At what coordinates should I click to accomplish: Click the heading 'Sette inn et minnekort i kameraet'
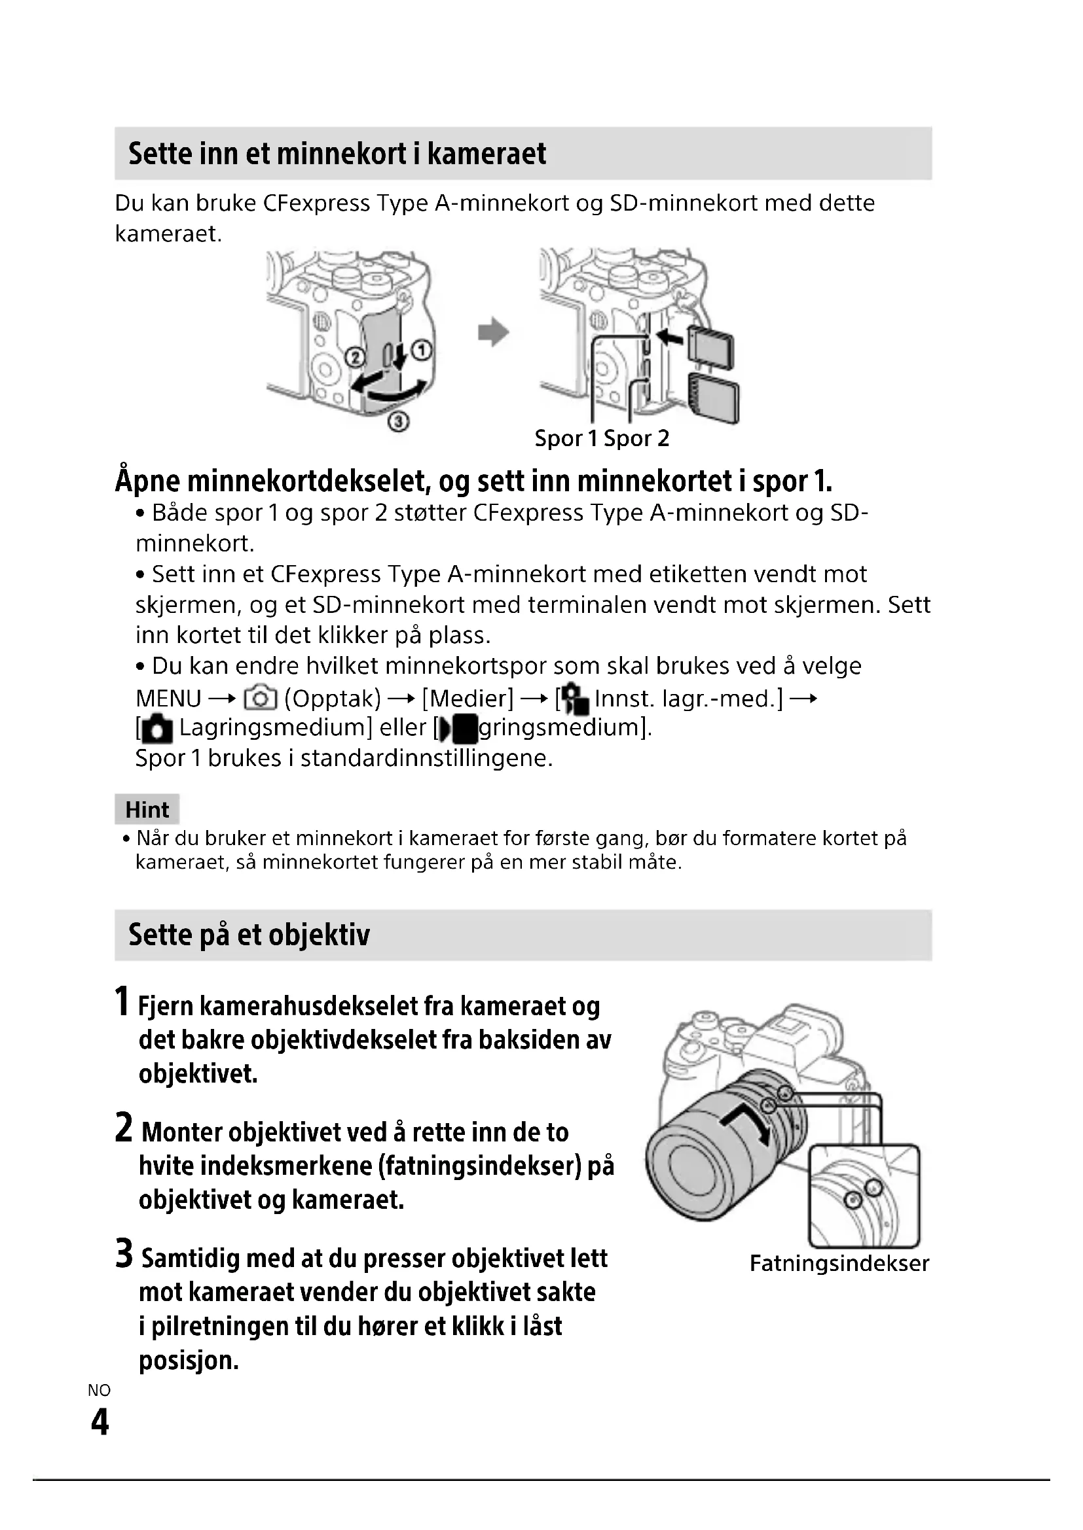click(x=337, y=154)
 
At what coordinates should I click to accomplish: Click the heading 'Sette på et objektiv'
click(x=249, y=935)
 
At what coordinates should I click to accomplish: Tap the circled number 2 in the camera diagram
click(x=355, y=358)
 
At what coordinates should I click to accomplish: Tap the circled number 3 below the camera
click(x=398, y=421)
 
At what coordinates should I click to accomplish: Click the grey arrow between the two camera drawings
click(x=494, y=332)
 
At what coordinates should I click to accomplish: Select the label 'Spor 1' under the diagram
click(x=566, y=438)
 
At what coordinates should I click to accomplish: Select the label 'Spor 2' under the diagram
click(x=636, y=438)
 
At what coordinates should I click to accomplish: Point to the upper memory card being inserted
click(x=711, y=347)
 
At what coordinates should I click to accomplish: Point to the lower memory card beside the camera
click(x=714, y=398)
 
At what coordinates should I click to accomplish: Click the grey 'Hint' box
click(x=147, y=810)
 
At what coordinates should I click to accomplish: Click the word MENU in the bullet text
click(x=168, y=699)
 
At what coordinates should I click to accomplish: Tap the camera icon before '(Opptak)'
click(x=260, y=699)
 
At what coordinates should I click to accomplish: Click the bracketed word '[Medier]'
click(x=468, y=699)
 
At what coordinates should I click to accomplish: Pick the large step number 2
click(x=124, y=1128)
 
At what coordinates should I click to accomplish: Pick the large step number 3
click(x=124, y=1253)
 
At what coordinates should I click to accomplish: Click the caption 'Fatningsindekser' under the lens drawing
click(x=839, y=1264)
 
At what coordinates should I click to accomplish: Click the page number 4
click(x=100, y=1422)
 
